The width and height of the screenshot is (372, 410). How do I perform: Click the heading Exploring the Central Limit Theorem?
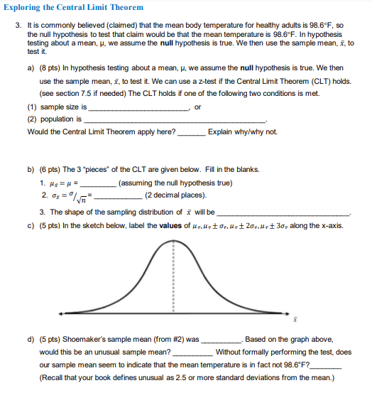point(74,8)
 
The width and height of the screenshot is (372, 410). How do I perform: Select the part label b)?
point(31,171)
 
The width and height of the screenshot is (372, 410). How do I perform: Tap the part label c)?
point(31,226)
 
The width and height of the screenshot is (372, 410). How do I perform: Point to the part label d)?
point(31,340)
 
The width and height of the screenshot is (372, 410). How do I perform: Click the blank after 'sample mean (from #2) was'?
point(221,340)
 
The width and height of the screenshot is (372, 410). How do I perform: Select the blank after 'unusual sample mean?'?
point(192,352)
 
